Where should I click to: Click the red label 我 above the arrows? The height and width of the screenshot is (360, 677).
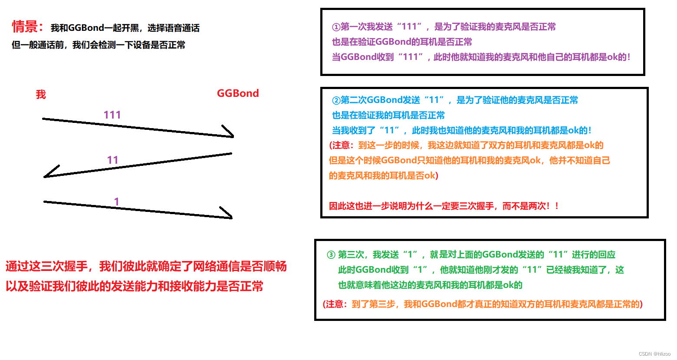click(x=41, y=94)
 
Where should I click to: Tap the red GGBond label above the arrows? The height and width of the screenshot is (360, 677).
click(x=237, y=93)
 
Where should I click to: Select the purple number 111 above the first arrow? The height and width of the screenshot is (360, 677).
click(x=112, y=115)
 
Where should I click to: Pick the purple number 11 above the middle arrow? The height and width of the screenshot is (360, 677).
click(x=113, y=160)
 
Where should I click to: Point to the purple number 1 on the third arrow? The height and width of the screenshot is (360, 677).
click(x=116, y=201)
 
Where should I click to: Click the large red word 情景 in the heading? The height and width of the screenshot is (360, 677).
click(x=25, y=27)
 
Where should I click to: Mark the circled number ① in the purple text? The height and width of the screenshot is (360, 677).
click(x=336, y=27)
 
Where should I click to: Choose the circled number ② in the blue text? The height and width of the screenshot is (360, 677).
click(x=336, y=100)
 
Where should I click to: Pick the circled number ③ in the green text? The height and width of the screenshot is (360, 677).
click(x=331, y=255)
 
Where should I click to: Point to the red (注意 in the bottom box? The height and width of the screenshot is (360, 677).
click(x=335, y=304)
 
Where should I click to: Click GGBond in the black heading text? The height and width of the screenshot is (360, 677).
click(x=86, y=28)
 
